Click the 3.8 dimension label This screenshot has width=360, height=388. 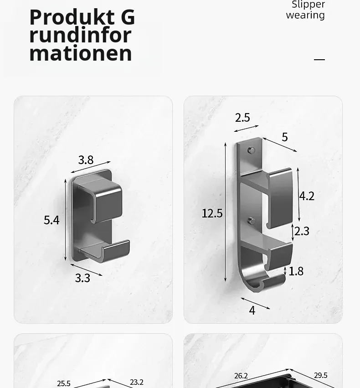pyautogui.click(x=86, y=160)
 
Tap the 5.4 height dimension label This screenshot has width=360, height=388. pyautogui.click(x=51, y=220)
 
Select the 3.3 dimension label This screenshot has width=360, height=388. pyautogui.click(x=82, y=278)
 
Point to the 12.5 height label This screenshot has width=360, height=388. pyautogui.click(x=212, y=213)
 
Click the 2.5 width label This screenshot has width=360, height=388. pyautogui.click(x=242, y=118)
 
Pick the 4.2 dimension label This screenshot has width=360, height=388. pyautogui.click(x=307, y=196)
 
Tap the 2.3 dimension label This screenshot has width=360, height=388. pyautogui.click(x=302, y=231)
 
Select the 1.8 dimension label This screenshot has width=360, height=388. pyautogui.click(x=296, y=271)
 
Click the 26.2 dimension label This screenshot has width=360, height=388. pyautogui.click(x=241, y=376)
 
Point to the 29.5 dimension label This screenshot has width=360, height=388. pyautogui.click(x=321, y=375)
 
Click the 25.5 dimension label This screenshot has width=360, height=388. pyautogui.click(x=63, y=383)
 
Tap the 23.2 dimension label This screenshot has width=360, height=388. pyautogui.click(x=137, y=383)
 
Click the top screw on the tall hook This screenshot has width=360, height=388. pyautogui.click(x=252, y=150)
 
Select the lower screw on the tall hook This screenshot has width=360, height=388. pyautogui.click(x=252, y=221)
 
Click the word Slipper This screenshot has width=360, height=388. pyautogui.click(x=309, y=5)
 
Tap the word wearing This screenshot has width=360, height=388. pyautogui.click(x=305, y=16)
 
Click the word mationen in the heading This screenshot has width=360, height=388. pyautogui.click(x=81, y=53)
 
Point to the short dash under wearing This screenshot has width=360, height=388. pyautogui.click(x=319, y=59)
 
